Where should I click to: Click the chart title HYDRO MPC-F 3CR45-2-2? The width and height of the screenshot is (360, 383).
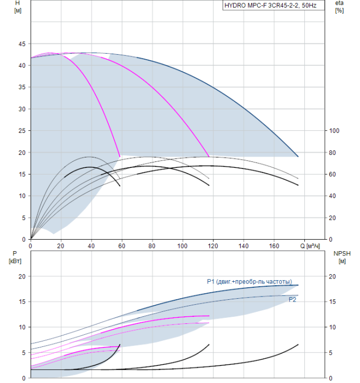pyautogui.click(x=262, y=5)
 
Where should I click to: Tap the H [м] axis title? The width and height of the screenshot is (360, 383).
pyautogui.click(x=18, y=7)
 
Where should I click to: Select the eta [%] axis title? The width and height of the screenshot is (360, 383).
pyautogui.click(x=340, y=7)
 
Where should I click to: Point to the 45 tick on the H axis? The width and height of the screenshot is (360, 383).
pyautogui.click(x=22, y=44)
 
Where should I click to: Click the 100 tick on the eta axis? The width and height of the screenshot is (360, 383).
pyautogui.click(x=334, y=131)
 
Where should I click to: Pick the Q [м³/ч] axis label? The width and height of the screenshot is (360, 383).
pyautogui.click(x=310, y=246)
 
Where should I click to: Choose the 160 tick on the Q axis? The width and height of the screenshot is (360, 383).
pyautogui.click(x=274, y=246)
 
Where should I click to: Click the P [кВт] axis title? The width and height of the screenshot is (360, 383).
pyautogui.click(x=15, y=257)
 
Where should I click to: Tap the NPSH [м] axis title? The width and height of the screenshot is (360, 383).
pyautogui.click(x=342, y=257)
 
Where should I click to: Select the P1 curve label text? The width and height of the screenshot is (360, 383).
pyautogui.click(x=249, y=282)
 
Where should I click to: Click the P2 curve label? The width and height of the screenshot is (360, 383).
pyautogui.click(x=292, y=299)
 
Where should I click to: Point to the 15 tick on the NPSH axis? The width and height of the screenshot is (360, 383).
pyautogui.click(x=332, y=301)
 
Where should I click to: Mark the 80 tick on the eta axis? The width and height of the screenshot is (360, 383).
pyautogui.click(x=332, y=153)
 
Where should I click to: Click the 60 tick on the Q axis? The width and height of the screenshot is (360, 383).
pyautogui.click(x=121, y=246)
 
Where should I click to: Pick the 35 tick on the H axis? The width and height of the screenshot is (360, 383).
pyautogui.click(x=22, y=87)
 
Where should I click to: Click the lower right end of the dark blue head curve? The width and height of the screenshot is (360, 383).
pyautogui.click(x=298, y=156)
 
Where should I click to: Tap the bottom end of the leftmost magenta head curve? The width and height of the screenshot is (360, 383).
pyautogui.click(x=120, y=156)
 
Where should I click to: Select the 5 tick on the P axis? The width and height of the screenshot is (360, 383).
pyautogui.click(x=24, y=353)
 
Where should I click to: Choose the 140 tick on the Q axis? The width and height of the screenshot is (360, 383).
pyautogui.click(x=243, y=246)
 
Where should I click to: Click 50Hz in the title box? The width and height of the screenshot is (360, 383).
pyautogui.click(x=309, y=5)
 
